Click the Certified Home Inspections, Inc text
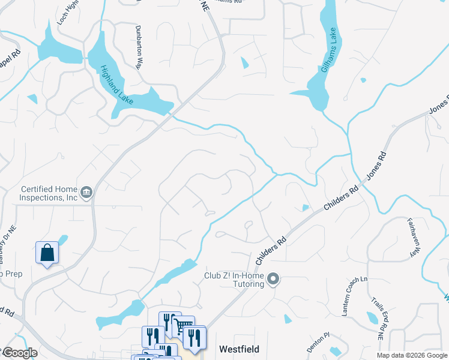tap(49, 193)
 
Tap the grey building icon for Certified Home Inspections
tap(87, 192)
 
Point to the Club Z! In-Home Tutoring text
tap(232, 280)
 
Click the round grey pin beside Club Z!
tap(273, 279)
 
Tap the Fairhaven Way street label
tap(412, 238)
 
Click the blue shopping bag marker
tap(47, 253)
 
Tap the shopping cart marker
tap(183, 326)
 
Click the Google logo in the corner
tap(19, 353)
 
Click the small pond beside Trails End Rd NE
tap(372, 317)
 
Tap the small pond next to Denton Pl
tap(336, 351)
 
